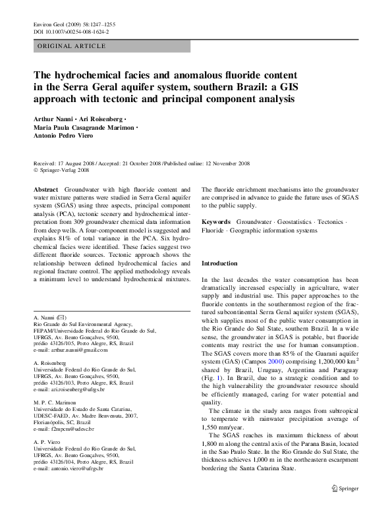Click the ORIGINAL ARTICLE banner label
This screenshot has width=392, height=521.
tap(72, 45)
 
